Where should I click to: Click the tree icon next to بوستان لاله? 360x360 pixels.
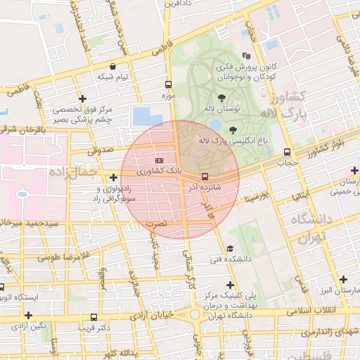[221, 98]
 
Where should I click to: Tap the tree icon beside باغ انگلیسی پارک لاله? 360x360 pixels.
[232, 129]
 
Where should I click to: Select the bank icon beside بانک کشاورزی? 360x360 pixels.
[158, 160]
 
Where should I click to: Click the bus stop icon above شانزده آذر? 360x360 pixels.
[205, 176]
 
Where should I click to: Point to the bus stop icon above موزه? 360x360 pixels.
[167, 82]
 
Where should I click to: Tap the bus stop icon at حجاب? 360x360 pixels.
[287, 152]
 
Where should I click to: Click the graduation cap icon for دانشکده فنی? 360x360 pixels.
[230, 249]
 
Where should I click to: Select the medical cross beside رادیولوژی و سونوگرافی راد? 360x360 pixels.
[113, 177]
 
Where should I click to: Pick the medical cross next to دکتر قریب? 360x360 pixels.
[100, 315]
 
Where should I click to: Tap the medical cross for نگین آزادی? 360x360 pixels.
[29, 315]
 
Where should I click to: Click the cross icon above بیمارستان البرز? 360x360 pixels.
[342, 278]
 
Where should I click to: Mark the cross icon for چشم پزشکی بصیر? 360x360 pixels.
[83, 98]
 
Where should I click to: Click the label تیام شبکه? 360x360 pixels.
[113, 77]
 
